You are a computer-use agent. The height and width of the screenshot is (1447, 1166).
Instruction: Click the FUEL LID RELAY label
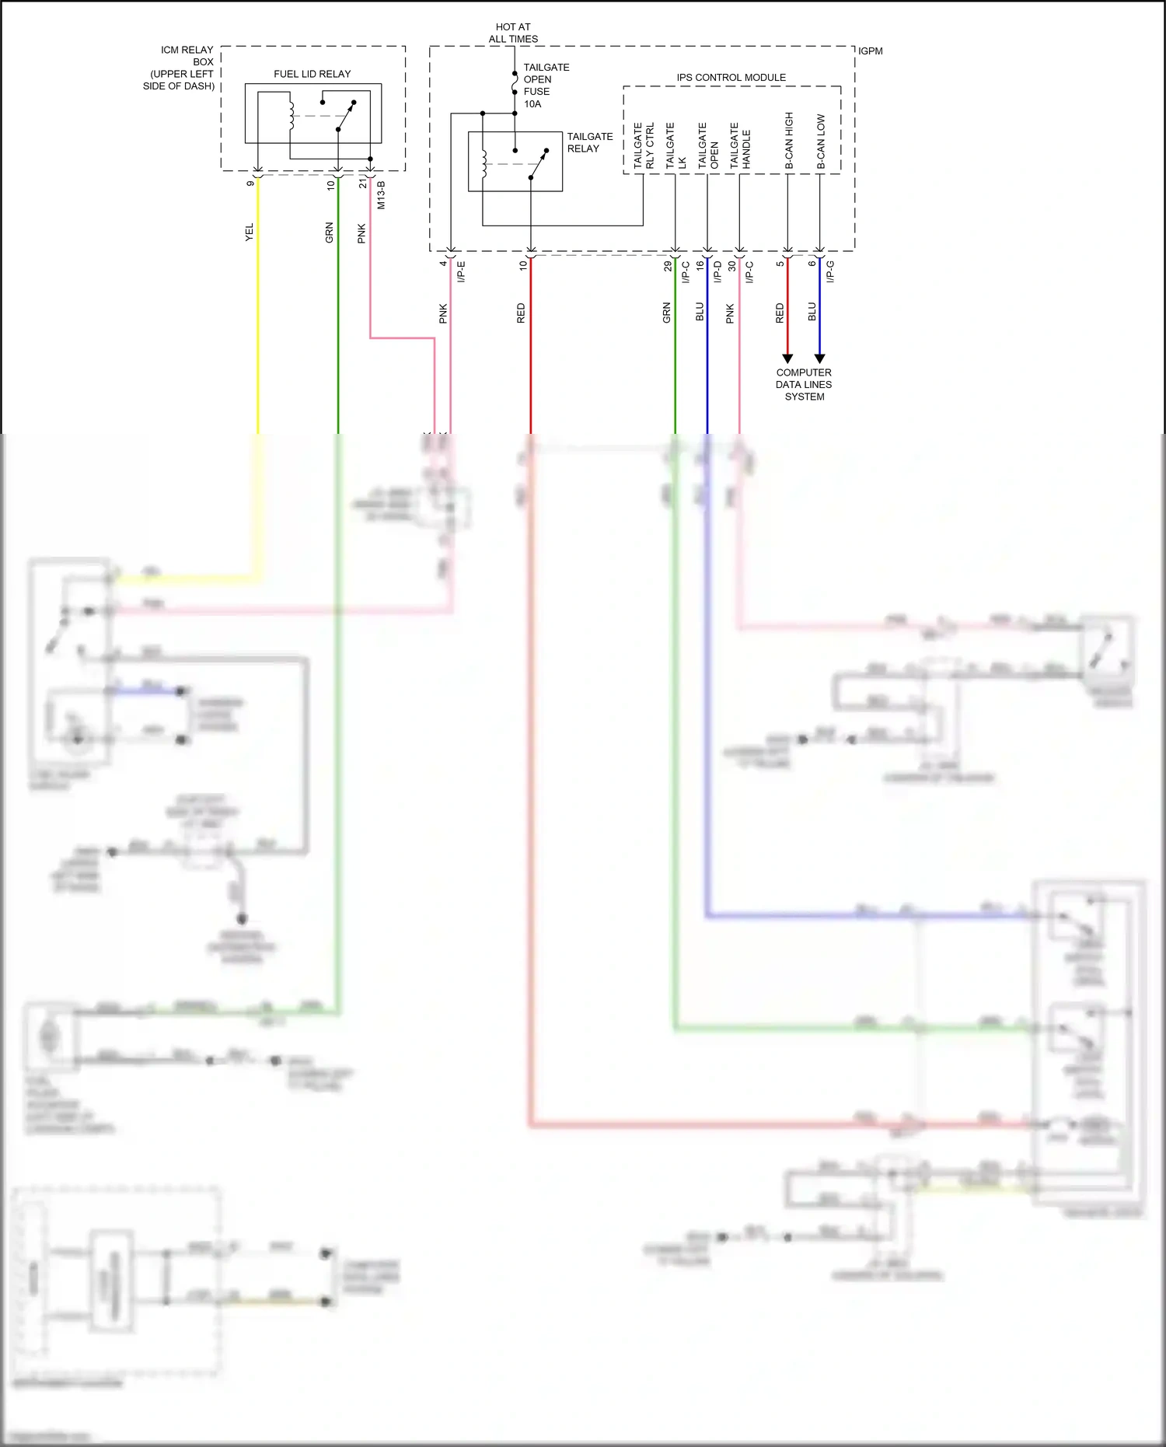pyautogui.click(x=312, y=74)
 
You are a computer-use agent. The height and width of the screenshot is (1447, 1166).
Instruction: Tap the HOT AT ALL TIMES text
pyautogui.click(x=513, y=33)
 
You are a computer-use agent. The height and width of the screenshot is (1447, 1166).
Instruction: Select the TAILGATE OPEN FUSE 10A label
pyautogui.click(x=546, y=86)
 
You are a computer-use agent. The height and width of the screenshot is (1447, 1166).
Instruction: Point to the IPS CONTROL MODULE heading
pyautogui.click(x=731, y=77)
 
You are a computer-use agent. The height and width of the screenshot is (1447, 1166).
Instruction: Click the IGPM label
pyautogui.click(x=871, y=51)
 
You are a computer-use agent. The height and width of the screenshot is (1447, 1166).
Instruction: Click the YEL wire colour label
pyautogui.click(x=250, y=232)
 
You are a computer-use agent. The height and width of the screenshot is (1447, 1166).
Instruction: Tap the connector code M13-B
pyautogui.click(x=381, y=195)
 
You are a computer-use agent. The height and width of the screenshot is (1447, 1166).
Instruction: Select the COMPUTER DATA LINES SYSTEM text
pyautogui.click(x=804, y=384)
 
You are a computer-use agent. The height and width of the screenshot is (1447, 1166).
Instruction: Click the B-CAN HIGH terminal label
pyautogui.click(x=789, y=141)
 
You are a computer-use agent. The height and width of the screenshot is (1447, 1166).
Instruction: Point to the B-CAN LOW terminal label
pyautogui.click(x=821, y=142)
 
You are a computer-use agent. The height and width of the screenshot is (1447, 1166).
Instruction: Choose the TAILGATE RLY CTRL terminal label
pyautogui.click(x=644, y=145)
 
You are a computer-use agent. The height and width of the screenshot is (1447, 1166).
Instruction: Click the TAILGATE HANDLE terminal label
pyautogui.click(x=740, y=146)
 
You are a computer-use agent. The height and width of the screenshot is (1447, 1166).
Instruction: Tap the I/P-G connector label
pyautogui.click(x=830, y=271)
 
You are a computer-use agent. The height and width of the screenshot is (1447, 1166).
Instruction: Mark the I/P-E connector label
pyautogui.click(x=461, y=271)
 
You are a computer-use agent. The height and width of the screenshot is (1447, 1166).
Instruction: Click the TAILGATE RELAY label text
pyautogui.click(x=589, y=142)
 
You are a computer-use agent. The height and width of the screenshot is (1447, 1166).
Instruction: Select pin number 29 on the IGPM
pyautogui.click(x=668, y=266)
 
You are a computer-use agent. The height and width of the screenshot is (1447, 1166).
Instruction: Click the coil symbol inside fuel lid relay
pyautogui.click(x=291, y=114)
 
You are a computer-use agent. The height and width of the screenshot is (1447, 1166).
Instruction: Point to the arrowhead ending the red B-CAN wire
pyautogui.click(x=787, y=358)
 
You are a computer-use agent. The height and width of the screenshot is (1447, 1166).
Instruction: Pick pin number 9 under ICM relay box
pyautogui.click(x=250, y=183)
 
